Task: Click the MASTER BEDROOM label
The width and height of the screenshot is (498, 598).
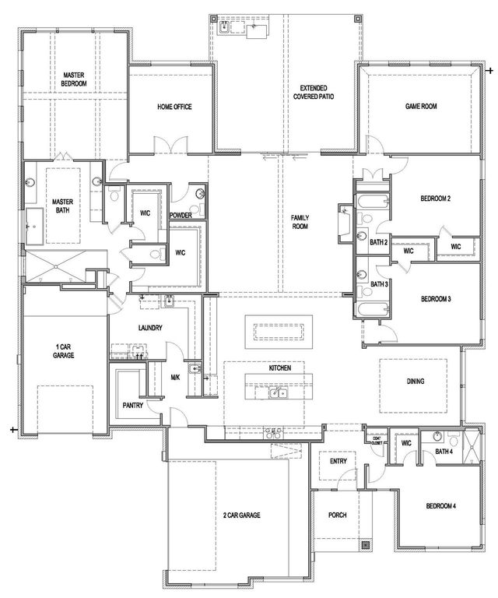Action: (74, 79)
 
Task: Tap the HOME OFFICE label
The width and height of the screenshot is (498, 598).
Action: (174, 107)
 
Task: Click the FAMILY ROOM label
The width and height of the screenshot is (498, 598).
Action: (300, 222)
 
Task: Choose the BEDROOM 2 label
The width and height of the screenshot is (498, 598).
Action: (436, 199)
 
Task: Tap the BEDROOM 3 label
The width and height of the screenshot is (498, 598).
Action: (436, 299)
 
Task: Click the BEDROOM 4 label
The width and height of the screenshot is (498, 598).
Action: (440, 507)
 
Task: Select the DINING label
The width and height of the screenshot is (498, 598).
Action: (414, 382)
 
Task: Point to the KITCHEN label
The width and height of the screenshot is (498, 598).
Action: (280, 368)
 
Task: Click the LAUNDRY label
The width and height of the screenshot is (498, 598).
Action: (149, 328)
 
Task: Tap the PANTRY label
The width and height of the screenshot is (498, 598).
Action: (133, 405)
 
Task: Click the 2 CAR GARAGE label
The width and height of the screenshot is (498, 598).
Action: (240, 515)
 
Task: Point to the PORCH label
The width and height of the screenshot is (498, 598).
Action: (338, 515)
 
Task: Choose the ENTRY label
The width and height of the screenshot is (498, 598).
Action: (338, 462)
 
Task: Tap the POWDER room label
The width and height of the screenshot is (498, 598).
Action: (181, 215)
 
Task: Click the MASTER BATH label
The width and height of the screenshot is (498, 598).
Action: (62, 206)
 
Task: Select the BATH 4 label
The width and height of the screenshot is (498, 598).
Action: (444, 452)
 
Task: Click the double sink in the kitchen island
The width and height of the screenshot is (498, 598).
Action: (278, 393)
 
